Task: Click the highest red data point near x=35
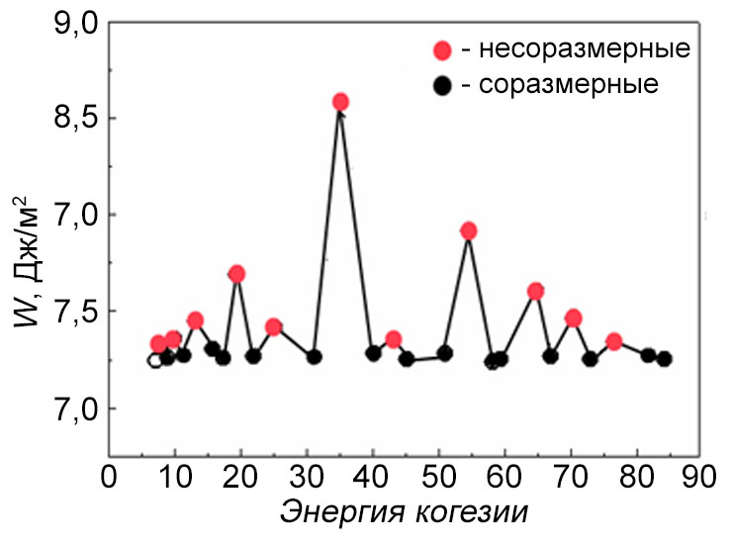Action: tap(340, 102)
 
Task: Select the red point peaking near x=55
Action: tap(469, 230)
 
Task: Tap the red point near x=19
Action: tap(236, 274)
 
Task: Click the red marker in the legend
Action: tap(442, 49)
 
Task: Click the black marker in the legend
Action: tap(442, 85)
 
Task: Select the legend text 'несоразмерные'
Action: tap(576, 48)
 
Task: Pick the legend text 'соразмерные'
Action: tap(566, 84)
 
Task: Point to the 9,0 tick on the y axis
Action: tap(72, 23)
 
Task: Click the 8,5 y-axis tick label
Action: tap(72, 119)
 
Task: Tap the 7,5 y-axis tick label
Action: tap(72, 312)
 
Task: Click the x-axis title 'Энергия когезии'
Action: tap(404, 513)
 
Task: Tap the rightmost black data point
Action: tap(664, 359)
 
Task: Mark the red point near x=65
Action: tap(535, 291)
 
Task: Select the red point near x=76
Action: tap(613, 341)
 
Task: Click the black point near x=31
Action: tap(314, 356)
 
